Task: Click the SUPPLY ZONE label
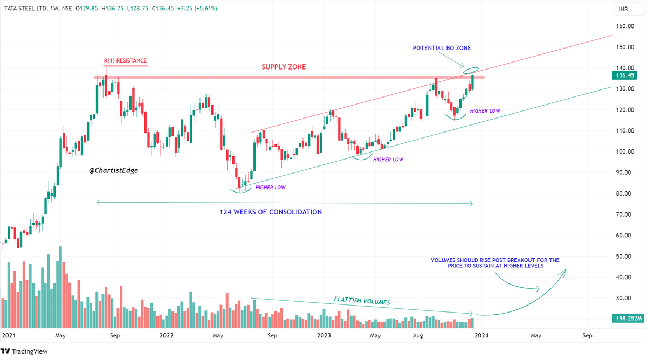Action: [x=284, y=67]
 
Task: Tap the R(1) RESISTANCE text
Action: [x=126, y=60]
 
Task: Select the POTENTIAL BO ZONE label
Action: [x=442, y=48]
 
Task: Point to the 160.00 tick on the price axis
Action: [x=625, y=26]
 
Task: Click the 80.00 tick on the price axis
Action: [x=625, y=193]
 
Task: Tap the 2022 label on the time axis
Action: [x=166, y=335]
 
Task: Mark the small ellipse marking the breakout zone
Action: [x=470, y=70]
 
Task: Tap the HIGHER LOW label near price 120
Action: [x=485, y=110]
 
